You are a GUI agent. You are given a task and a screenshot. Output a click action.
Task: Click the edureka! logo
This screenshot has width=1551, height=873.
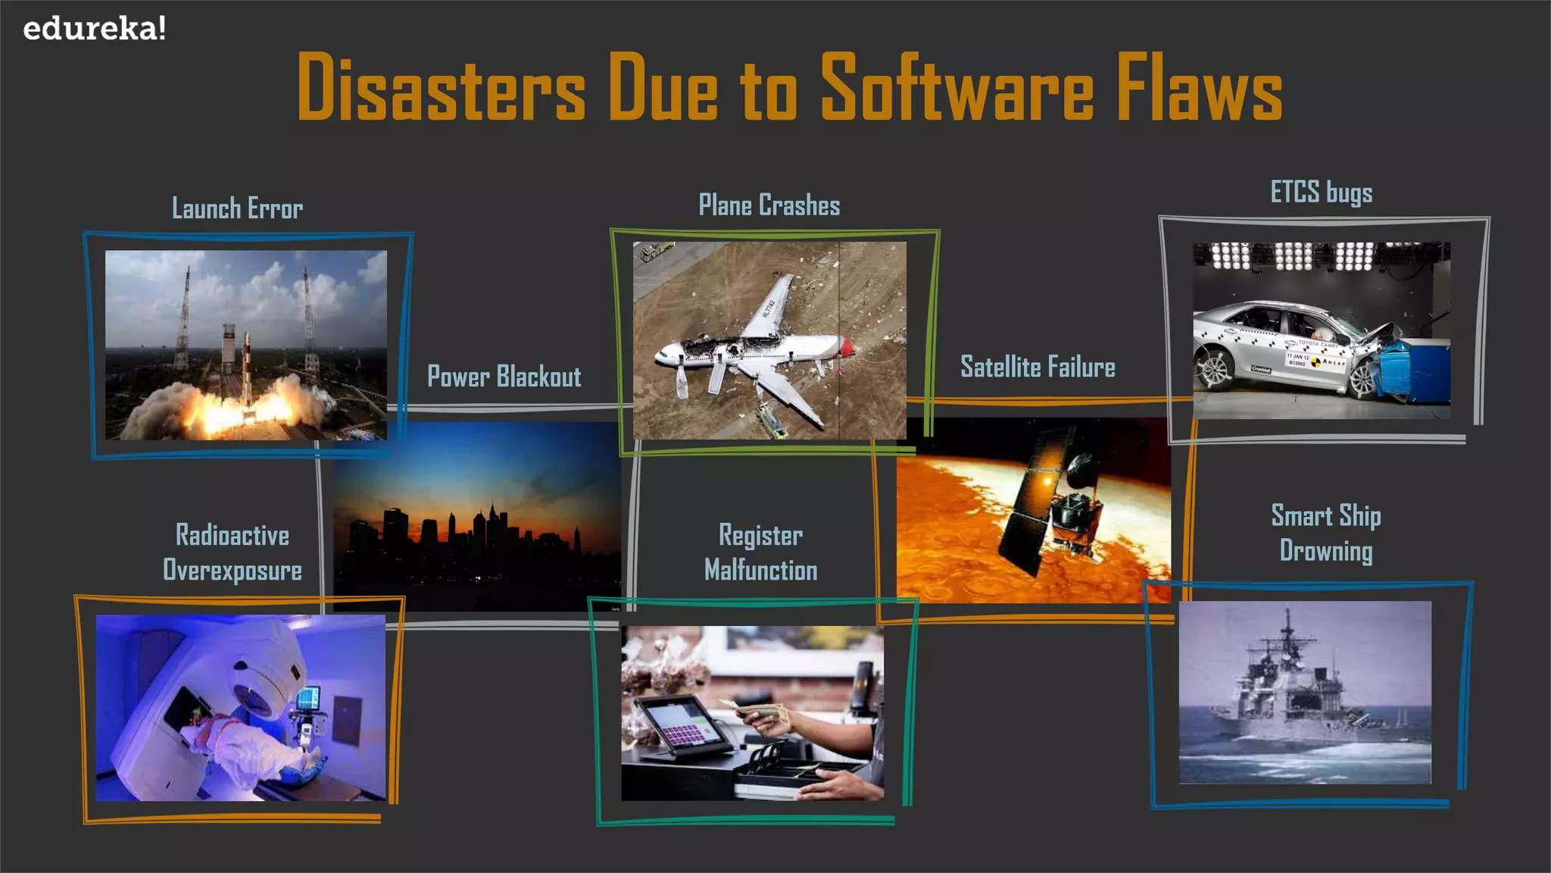click(95, 30)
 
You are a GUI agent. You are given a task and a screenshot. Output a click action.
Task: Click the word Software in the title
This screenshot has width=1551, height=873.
click(957, 88)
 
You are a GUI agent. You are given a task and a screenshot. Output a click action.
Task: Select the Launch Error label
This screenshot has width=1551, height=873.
click(237, 208)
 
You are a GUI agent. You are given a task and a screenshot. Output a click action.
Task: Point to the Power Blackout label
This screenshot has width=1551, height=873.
click(504, 377)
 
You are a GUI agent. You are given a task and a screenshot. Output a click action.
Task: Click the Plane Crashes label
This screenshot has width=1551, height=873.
click(769, 205)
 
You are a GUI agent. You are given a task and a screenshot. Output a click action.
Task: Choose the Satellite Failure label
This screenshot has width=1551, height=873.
click(1038, 368)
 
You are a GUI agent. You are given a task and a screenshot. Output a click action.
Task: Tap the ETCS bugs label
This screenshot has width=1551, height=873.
click(1321, 192)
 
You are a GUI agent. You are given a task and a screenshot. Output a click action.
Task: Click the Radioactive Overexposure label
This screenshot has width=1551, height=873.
click(232, 552)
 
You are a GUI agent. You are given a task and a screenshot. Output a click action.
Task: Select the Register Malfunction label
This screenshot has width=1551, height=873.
click(760, 552)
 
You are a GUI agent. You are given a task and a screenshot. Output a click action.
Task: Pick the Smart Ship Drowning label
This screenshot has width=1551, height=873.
click(1325, 533)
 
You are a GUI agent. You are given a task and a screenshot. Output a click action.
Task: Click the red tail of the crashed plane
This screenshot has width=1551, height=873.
click(846, 348)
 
